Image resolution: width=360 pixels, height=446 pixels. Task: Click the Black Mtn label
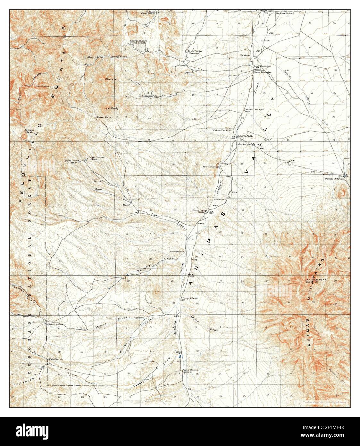point(112,79)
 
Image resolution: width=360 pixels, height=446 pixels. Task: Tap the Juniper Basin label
point(29,131)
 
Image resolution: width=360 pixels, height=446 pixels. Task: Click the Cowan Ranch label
point(55,324)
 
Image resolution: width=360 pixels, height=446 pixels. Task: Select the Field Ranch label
point(56,359)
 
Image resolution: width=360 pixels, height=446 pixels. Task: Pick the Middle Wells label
point(246,136)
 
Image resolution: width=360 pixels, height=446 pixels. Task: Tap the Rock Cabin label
point(194,51)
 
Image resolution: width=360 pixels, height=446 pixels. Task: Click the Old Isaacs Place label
point(149,96)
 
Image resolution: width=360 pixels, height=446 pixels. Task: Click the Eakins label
point(245,55)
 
